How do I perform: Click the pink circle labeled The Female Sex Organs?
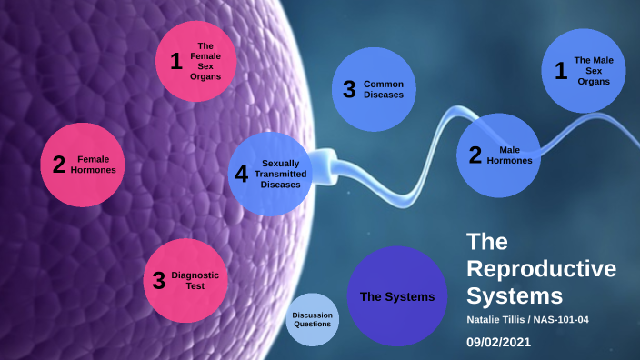(x=196, y=61)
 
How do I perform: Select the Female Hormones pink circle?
(x=82, y=164)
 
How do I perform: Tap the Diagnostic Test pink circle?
(x=186, y=279)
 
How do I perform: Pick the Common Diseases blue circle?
(x=373, y=89)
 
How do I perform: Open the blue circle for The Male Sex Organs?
(x=583, y=70)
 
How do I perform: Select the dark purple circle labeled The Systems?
(x=397, y=296)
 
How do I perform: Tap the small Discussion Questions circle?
(x=313, y=320)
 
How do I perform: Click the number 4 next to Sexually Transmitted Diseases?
(x=241, y=174)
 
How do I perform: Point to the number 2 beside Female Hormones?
(x=58, y=165)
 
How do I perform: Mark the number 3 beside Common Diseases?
(x=349, y=89)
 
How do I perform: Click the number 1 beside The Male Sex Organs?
(x=561, y=71)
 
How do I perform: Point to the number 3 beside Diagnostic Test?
(x=159, y=280)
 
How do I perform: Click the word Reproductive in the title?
(x=541, y=269)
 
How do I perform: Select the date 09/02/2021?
(x=497, y=343)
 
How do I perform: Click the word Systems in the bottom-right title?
(x=515, y=295)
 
